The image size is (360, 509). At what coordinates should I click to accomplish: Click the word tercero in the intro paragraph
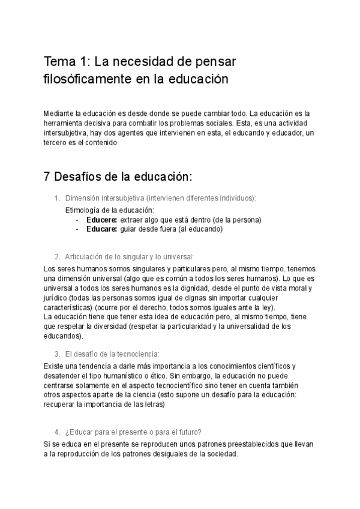(56, 143)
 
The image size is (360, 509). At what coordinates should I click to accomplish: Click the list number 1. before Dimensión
(57, 198)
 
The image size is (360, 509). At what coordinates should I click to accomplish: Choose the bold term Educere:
(101, 220)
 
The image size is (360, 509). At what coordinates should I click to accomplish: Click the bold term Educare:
(101, 229)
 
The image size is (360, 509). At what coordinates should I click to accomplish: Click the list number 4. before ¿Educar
(57, 432)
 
